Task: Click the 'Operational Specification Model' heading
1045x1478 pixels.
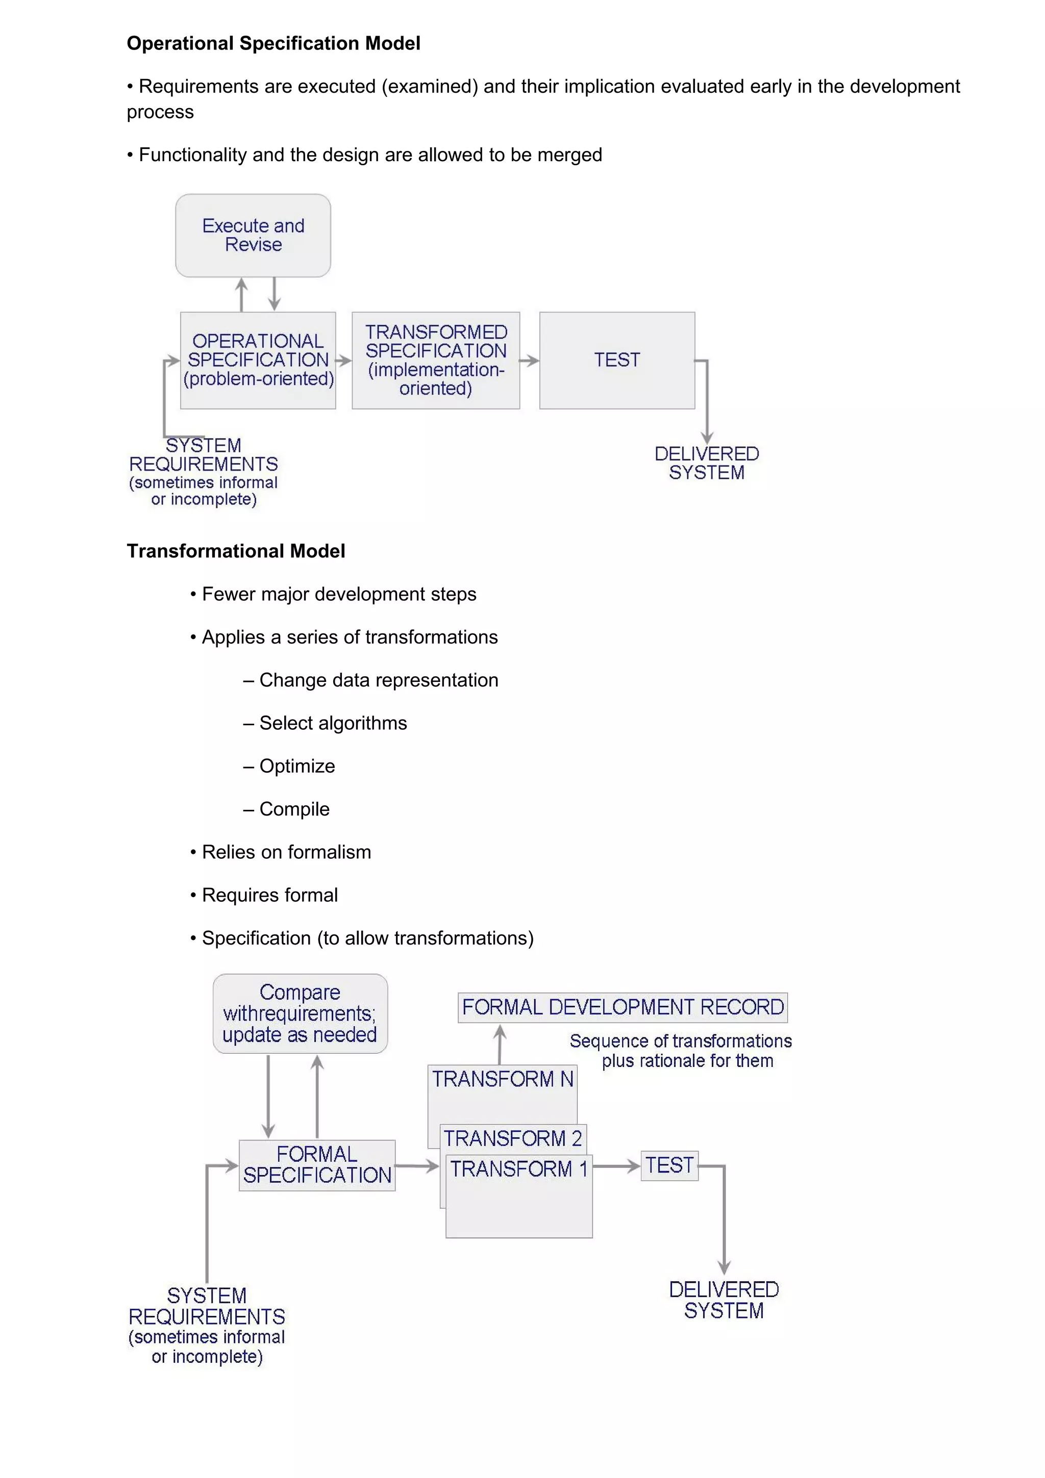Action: pos(273,43)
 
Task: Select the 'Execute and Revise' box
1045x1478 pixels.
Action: pos(253,236)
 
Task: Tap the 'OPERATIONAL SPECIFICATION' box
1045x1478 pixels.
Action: pos(258,360)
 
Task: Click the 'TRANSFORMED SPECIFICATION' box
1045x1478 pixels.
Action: pos(436,360)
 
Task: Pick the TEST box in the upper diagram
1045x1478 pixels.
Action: pos(617,360)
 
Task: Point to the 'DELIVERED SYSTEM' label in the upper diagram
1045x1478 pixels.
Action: pos(706,463)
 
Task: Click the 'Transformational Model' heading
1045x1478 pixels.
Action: pos(236,551)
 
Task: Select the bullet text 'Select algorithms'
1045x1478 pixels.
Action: pos(333,723)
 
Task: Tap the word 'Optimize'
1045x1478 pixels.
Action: pos(297,766)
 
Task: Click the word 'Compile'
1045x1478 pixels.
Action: pos(294,809)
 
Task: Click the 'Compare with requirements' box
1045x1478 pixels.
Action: pos(300,1013)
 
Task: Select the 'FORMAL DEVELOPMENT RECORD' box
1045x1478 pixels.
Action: pos(623,1007)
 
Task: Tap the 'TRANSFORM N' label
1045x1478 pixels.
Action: pos(502,1079)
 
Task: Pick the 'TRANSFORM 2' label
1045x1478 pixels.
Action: pos(512,1138)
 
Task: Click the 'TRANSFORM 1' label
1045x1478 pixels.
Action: pos(519,1168)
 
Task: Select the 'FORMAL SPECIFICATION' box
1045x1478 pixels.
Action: pos(317,1165)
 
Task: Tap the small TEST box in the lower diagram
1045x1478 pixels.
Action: pos(669,1165)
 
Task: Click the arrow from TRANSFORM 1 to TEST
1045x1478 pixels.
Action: pos(616,1166)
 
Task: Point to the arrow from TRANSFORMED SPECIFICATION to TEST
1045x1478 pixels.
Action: pos(529,361)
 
